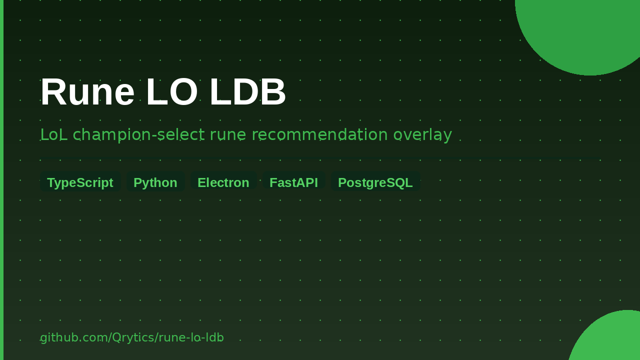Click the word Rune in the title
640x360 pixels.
tap(87, 92)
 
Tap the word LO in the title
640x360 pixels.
tap(172, 92)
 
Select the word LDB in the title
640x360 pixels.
tap(247, 92)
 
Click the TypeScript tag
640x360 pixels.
tap(80, 182)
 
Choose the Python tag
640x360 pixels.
tap(155, 182)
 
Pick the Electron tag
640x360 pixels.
tap(223, 182)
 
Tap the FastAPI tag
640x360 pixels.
tap(293, 182)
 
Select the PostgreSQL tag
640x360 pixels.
tap(375, 182)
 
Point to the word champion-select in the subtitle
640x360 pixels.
tap(138, 135)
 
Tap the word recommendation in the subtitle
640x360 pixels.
tap(319, 135)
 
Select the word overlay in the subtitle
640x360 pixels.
tap(422, 135)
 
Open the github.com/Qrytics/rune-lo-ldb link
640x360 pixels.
tap(131, 337)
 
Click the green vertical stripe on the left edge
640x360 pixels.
tap(1, 180)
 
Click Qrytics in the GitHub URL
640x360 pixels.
tap(133, 337)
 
